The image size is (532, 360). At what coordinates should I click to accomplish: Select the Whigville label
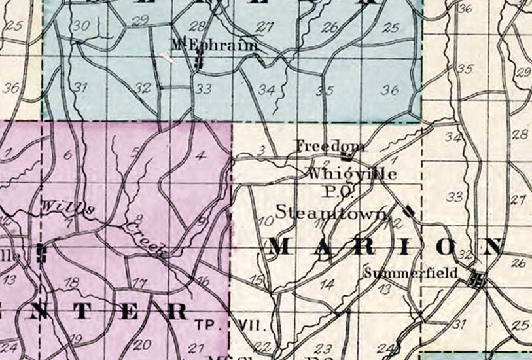pos(351,174)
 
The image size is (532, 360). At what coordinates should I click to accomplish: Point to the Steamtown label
pos(332,212)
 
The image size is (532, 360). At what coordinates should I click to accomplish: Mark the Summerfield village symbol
pos(476,280)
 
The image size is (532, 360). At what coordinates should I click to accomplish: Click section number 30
pos(81,26)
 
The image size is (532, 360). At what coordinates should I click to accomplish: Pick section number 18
pos(73,281)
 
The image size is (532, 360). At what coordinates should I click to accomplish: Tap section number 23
pos(323,349)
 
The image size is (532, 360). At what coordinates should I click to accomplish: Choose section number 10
pos(266,221)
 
